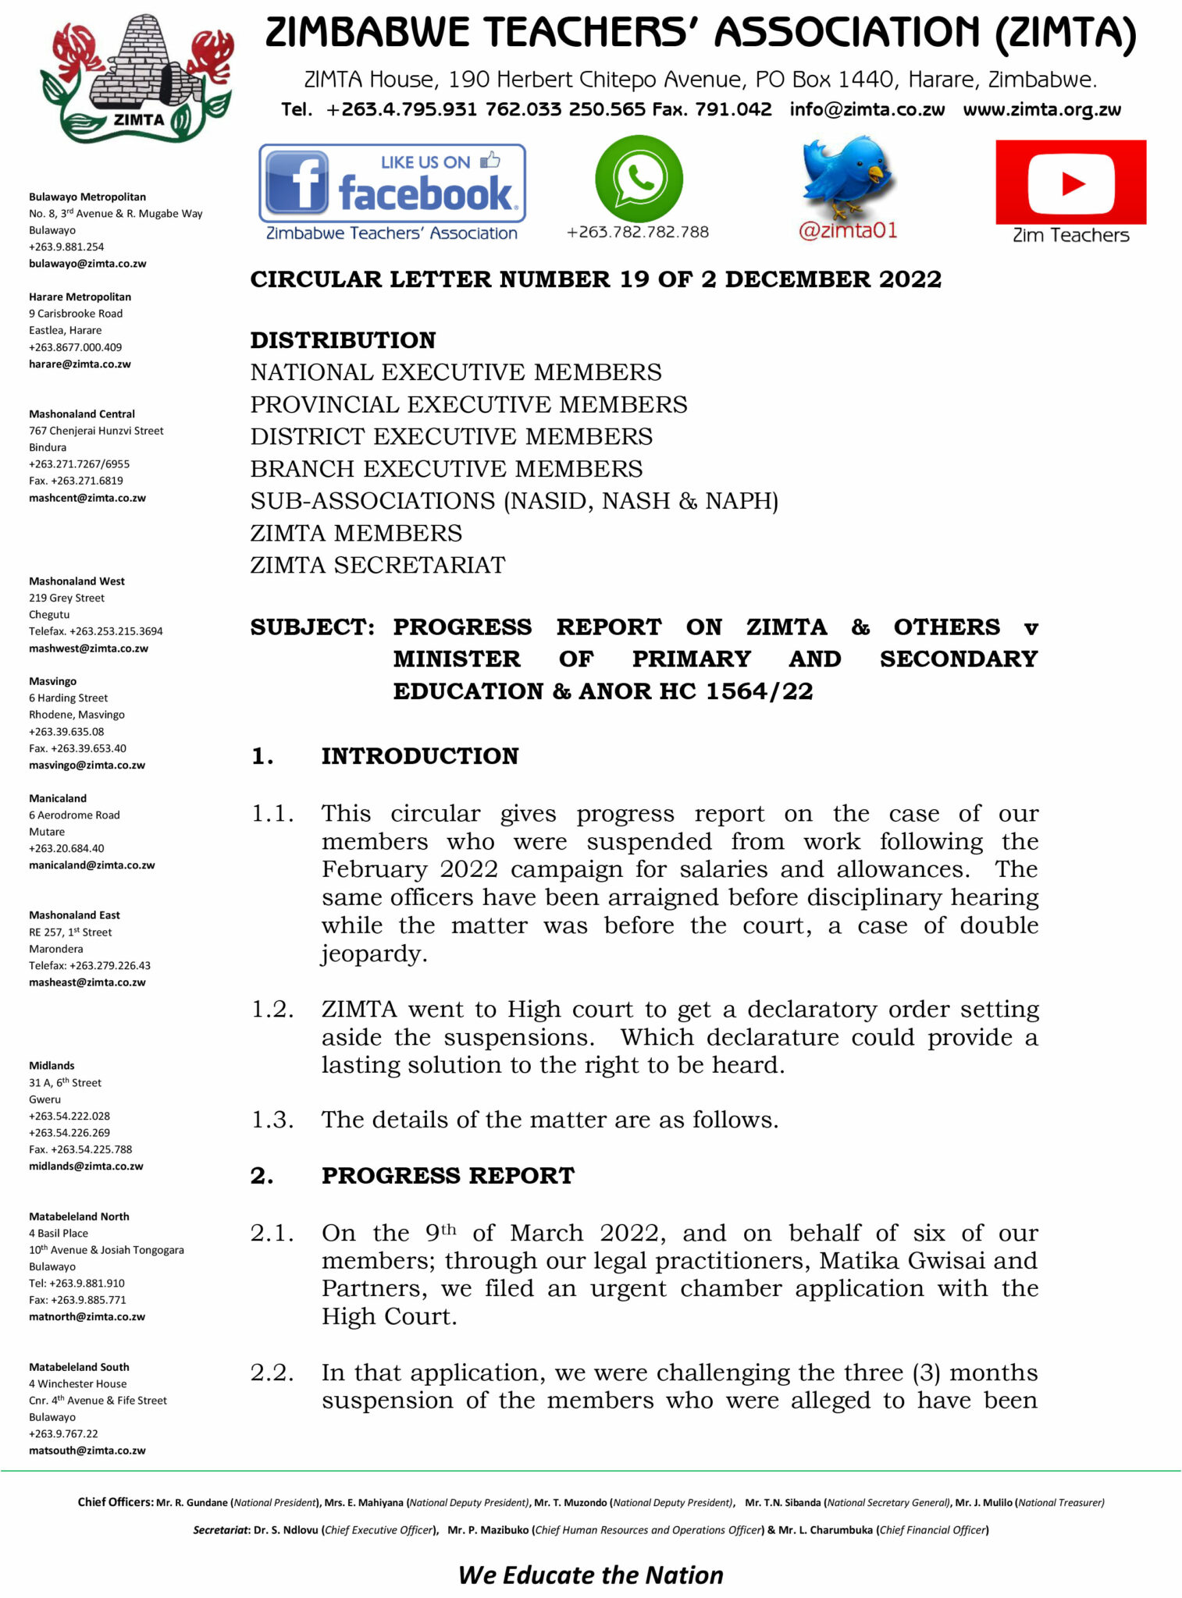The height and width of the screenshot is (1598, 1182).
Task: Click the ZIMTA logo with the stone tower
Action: point(137,78)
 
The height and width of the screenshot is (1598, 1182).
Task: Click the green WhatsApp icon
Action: point(639,179)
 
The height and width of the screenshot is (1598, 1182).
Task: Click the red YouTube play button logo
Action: point(1070,183)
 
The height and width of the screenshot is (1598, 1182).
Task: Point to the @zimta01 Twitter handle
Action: point(848,231)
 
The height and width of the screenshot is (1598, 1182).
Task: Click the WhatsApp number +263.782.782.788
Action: point(638,232)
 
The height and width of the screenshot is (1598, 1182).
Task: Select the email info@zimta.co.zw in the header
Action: point(867,109)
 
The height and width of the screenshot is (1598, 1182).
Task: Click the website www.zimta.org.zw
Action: point(1041,109)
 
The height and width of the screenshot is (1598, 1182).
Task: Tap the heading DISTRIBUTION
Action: point(343,340)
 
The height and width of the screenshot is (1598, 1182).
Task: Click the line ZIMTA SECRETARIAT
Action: point(378,565)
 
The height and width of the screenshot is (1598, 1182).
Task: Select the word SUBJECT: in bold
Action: point(312,627)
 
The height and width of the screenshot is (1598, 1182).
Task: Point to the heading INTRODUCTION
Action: point(420,756)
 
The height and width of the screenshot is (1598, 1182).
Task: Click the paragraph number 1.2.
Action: point(272,1010)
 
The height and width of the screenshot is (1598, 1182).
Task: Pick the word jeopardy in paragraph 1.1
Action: point(373,953)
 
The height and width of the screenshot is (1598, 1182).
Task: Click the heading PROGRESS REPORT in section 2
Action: point(448,1176)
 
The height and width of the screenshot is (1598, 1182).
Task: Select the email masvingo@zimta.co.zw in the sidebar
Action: point(87,765)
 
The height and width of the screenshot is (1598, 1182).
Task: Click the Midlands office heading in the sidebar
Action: point(52,1066)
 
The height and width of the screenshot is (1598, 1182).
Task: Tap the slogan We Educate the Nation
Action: point(591,1575)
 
